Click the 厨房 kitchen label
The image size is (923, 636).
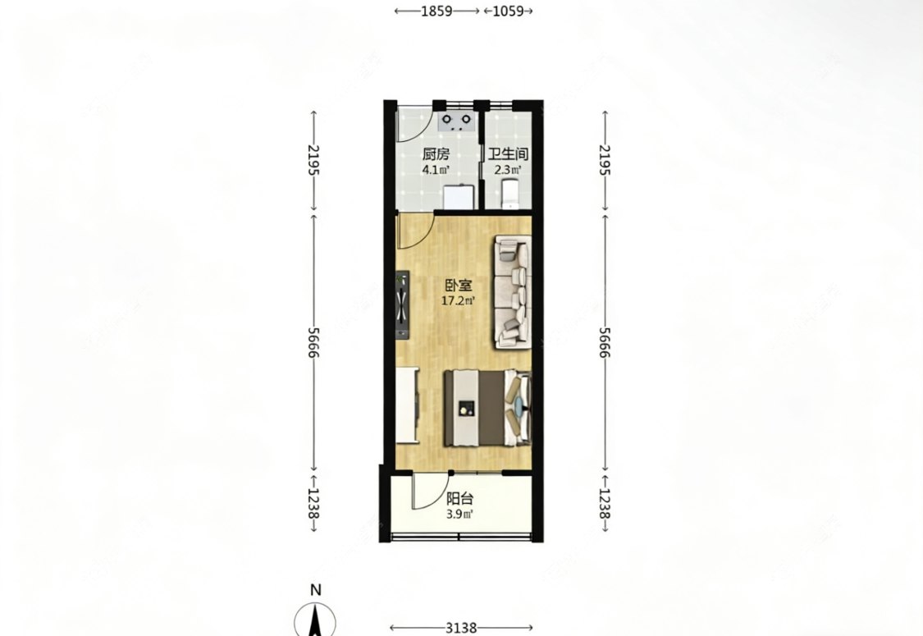(436, 155)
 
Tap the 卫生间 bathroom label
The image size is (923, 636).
(507, 155)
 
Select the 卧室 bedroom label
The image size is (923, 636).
(459, 286)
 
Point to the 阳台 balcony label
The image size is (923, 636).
(459, 500)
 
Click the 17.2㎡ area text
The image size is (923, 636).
(459, 301)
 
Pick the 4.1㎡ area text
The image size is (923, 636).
(436, 171)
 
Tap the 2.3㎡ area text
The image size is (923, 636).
(507, 171)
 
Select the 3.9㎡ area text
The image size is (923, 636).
(459, 514)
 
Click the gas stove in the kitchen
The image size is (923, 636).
(457, 121)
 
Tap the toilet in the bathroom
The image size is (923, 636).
(510, 195)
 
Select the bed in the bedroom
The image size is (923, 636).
(487, 408)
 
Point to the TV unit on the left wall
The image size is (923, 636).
(403, 305)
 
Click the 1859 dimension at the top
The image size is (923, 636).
(436, 11)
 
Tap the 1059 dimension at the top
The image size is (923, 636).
(508, 11)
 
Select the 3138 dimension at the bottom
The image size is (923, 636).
(461, 629)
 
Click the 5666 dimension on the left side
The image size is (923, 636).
(313, 343)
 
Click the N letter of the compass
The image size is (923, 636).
(316, 590)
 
